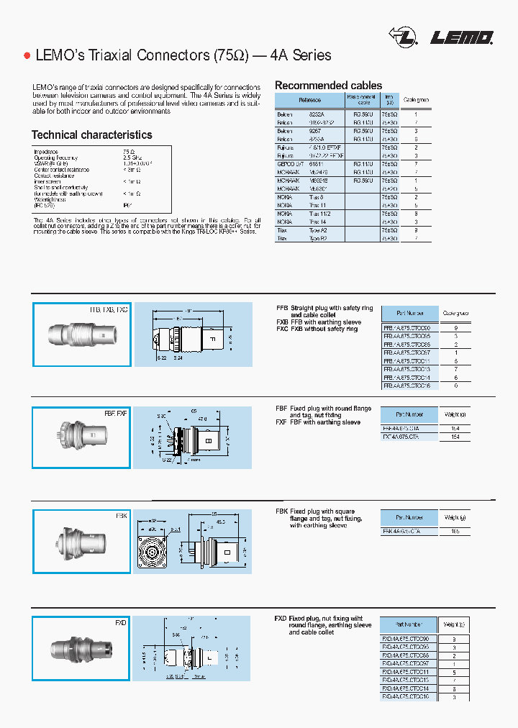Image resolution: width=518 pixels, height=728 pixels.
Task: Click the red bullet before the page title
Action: coord(27,55)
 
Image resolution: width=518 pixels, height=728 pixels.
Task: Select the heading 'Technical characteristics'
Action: coord(91,135)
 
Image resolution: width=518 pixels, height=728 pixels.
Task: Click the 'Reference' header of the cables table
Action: coord(310,100)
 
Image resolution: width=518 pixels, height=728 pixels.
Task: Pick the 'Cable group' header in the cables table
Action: coord(415,100)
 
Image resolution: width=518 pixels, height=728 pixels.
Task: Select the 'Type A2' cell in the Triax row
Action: coord(319,230)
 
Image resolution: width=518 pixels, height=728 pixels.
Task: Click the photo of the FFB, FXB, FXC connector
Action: coord(81,334)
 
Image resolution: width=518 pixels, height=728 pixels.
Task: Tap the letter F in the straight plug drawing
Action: coord(212,337)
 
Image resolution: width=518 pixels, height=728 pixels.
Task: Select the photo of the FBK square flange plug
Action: coord(81,541)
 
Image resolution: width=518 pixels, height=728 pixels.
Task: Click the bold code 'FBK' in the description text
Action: coord(281,511)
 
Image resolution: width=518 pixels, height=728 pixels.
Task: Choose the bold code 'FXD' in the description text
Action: coord(281,619)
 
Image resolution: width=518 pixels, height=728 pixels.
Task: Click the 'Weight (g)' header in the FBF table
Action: coord(454,414)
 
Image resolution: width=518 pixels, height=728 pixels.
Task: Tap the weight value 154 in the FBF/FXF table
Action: coord(454,437)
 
